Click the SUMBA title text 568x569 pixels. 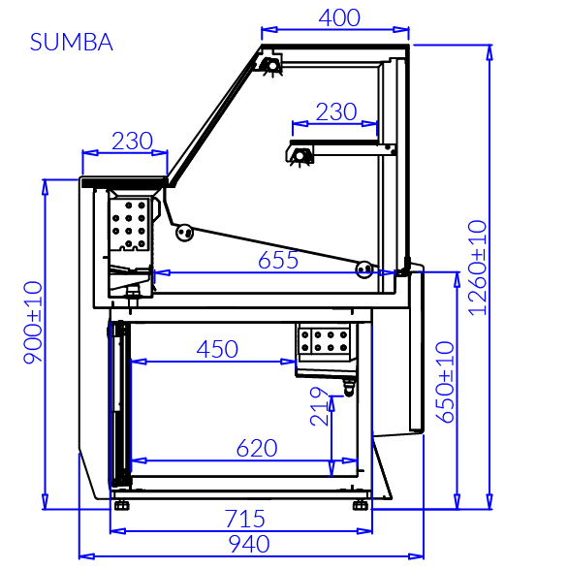coord(72,42)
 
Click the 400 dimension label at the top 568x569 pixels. coord(339,17)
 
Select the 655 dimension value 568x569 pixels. coord(278,260)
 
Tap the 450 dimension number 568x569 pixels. coord(217,349)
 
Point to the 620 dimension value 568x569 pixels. coord(257,448)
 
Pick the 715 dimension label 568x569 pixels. coord(245,519)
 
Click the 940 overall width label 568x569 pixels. coord(249,544)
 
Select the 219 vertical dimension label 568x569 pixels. coord(319,406)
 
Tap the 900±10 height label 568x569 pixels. coord(33,323)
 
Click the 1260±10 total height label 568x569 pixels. coord(477,268)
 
